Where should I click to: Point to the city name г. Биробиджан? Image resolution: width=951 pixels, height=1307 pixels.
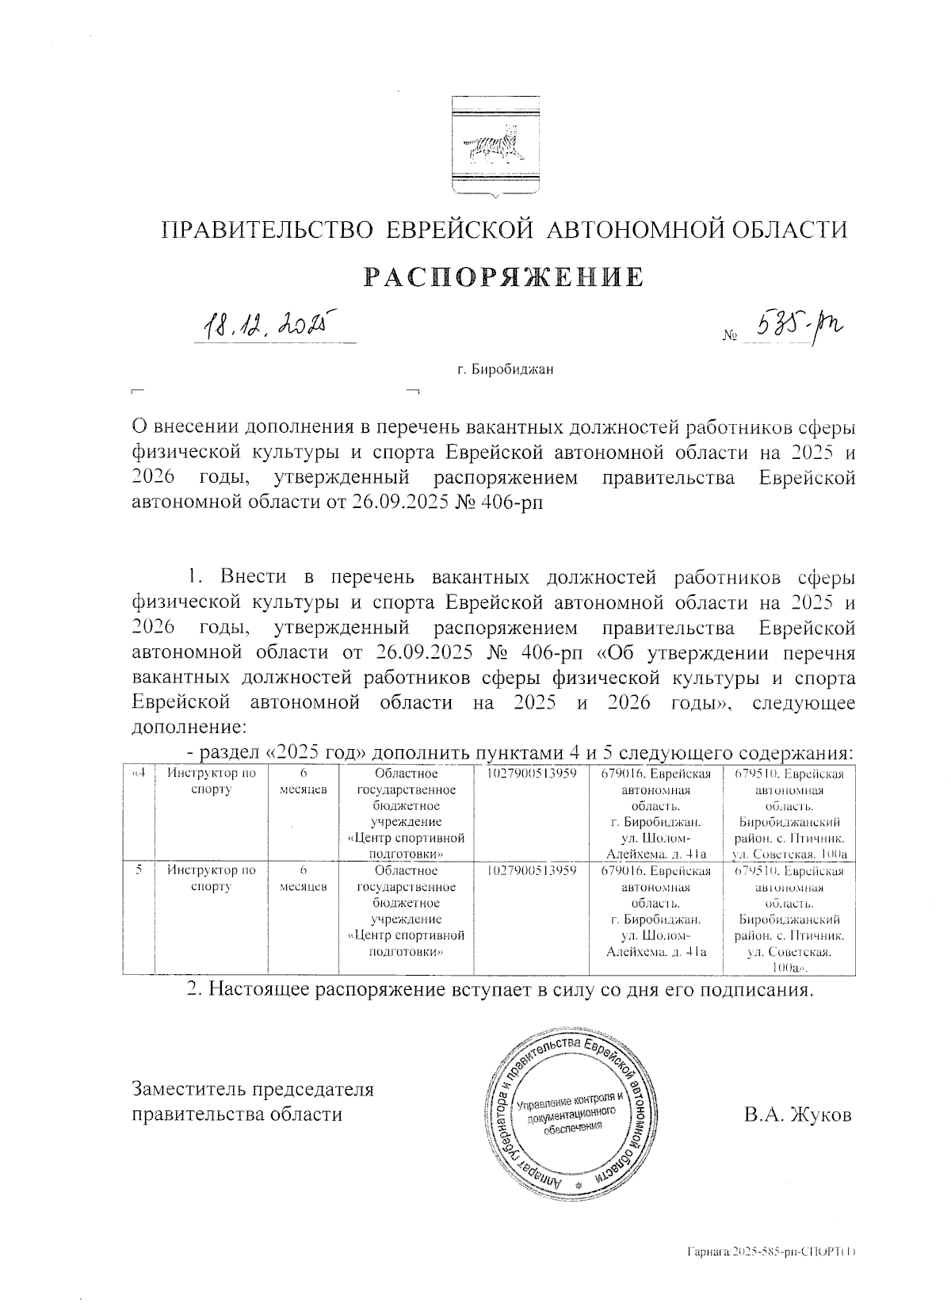click(x=505, y=369)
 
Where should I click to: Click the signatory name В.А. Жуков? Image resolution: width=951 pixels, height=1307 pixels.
click(x=797, y=1115)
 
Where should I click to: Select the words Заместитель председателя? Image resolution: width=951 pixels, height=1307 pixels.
click(x=252, y=1089)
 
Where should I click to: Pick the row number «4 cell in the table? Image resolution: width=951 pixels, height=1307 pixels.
click(x=138, y=812)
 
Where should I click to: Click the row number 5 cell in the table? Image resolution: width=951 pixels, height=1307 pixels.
click(x=138, y=918)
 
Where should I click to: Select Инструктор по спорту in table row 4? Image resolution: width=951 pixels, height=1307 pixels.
click(x=211, y=782)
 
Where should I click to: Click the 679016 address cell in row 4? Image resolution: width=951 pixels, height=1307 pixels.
click(x=655, y=812)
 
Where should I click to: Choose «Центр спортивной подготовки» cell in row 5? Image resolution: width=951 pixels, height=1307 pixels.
click(x=406, y=918)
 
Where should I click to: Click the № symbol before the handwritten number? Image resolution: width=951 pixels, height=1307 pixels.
click(x=729, y=336)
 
